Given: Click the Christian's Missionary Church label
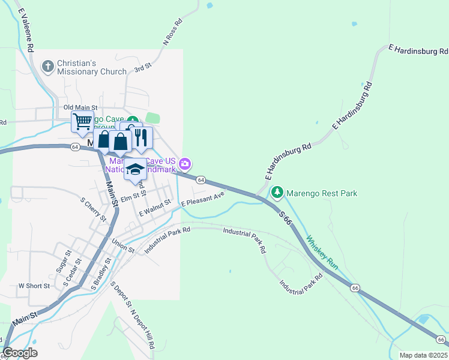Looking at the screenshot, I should point(92,67).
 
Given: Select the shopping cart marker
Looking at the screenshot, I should point(82,122).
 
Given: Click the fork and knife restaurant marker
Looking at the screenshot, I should point(142,138).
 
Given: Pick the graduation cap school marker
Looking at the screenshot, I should point(136,170).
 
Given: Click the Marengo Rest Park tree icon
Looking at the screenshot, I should point(277,193).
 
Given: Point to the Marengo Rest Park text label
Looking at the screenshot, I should point(322,193).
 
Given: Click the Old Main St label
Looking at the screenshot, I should point(80,107).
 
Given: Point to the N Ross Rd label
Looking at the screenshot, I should point(172,33).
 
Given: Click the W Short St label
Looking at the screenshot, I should point(34,286).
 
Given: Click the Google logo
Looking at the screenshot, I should point(20,353).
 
